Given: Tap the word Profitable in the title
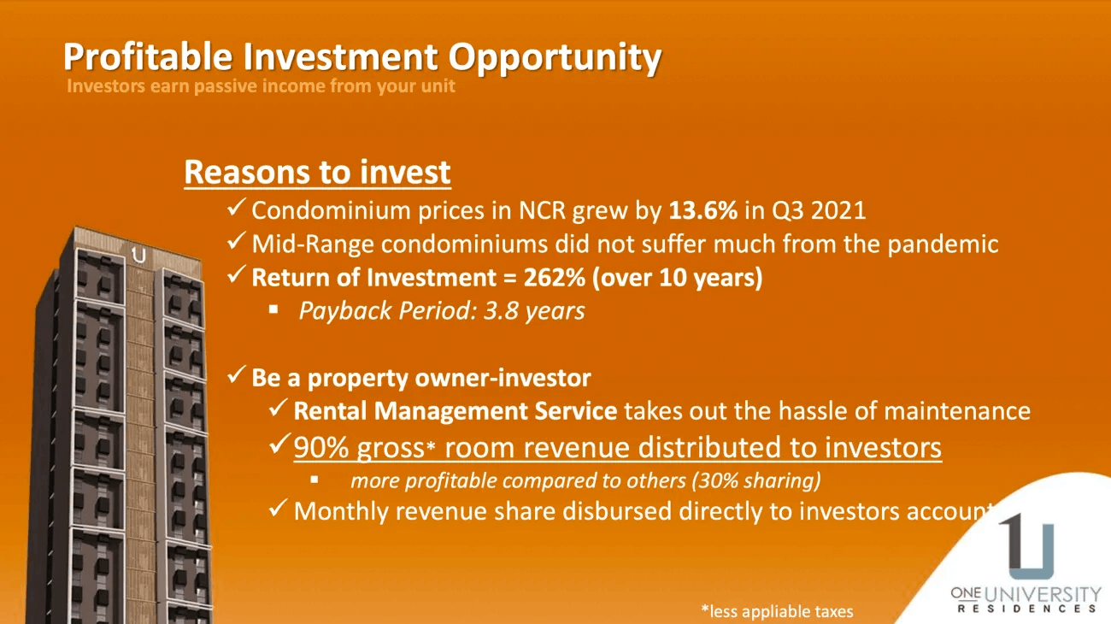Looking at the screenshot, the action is point(148,56).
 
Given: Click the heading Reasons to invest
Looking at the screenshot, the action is point(317,172).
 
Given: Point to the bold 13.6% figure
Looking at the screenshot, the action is point(702,210).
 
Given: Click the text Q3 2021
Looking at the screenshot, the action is point(819,211).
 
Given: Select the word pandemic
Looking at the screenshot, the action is point(943,244).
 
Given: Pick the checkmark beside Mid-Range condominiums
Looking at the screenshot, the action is point(236,242).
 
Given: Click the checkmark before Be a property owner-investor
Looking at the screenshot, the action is point(236,375).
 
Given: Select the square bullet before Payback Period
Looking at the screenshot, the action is point(273,310).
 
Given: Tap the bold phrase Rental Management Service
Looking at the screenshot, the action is point(456,411).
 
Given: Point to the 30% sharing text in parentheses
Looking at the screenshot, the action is point(756,480).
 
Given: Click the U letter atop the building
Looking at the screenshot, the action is point(139,255).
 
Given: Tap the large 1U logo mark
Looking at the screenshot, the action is point(1027,545).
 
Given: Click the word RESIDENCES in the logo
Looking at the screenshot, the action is point(1026,609).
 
